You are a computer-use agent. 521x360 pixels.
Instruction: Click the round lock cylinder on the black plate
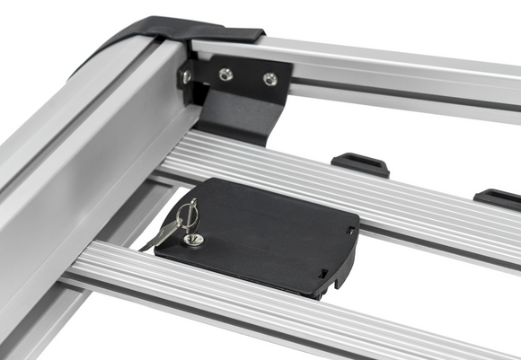pyautogui.click(x=191, y=240)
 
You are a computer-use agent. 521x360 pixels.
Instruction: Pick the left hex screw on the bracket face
pyautogui.click(x=226, y=75)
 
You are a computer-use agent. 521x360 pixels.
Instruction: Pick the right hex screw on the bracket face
pyautogui.click(x=269, y=79)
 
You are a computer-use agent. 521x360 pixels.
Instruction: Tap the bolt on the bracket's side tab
pyautogui.click(x=187, y=76)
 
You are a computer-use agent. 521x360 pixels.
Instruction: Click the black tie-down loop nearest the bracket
pyautogui.click(x=360, y=164)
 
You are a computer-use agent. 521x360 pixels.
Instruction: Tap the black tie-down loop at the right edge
pyautogui.click(x=499, y=198)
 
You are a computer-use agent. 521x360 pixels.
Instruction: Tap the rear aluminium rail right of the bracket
pyautogui.click(x=404, y=72)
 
